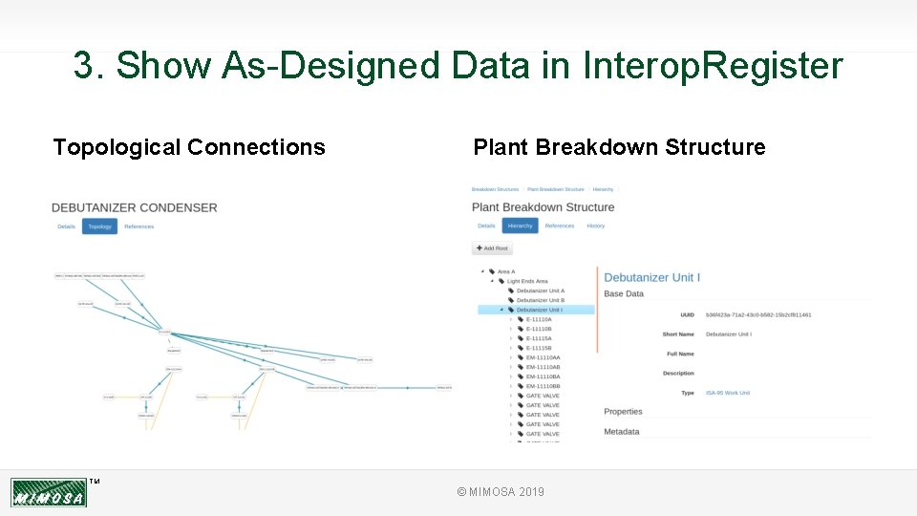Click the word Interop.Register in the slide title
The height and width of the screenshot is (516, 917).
(x=713, y=66)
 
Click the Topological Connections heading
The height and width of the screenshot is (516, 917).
(x=189, y=147)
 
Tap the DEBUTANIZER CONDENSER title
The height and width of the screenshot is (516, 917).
(x=135, y=207)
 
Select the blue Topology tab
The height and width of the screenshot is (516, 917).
(x=99, y=226)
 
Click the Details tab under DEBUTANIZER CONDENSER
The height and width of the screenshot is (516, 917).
(x=66, y=226)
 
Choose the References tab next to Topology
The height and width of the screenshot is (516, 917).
(x=139, y=226)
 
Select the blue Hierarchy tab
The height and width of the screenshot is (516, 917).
(x=520, y=226)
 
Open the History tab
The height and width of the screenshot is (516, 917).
(x=595, y=226)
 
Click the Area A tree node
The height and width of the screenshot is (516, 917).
(x=505, y=271)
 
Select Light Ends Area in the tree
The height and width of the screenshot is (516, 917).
(x=526, y=281)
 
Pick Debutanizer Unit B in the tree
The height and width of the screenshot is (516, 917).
(x=540, y=300)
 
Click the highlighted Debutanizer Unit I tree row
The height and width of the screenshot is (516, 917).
(x=540, y=310)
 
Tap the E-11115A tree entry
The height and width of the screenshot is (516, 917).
(x=539, y=338)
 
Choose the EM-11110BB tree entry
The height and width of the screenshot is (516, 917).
(x=543, y=386)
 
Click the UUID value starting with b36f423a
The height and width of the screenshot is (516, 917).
(x=758, y=314)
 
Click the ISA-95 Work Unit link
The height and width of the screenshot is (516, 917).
(x=727, y=393)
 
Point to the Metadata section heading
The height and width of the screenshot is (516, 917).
(x=622, y=432)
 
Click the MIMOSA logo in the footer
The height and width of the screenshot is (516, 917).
(x=49, y=493)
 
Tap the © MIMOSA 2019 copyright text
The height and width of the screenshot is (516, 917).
(x=501, y=491)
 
